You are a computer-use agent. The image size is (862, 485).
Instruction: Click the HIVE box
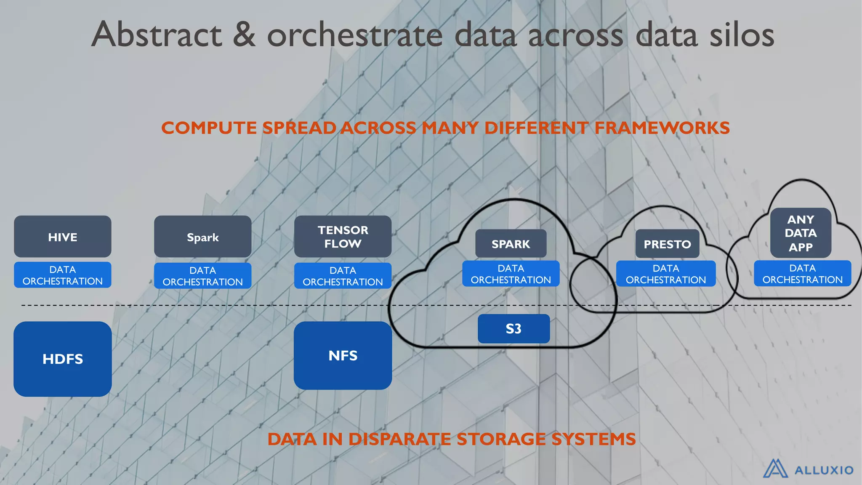click(x=62, y=237)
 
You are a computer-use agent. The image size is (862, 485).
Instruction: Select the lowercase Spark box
click(x=202, y=237)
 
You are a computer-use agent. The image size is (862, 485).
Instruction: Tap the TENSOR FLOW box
click(x=343, y=237)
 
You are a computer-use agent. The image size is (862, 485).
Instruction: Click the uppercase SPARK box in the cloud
click(x=511, y=244)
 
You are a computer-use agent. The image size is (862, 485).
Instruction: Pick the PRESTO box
click(x=667, y=244)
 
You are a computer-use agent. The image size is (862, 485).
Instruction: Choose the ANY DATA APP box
click(x=801, y=233)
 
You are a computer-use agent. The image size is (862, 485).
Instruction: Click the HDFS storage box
click(x=62, y=359)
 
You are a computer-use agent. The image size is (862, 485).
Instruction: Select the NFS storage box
click(x=343, y=355)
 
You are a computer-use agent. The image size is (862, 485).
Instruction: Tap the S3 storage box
click(x=513, y=328)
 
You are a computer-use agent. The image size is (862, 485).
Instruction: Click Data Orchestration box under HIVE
click(x=62, y=275)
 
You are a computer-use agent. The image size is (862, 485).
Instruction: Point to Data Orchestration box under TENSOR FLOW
click(x=343, y=276)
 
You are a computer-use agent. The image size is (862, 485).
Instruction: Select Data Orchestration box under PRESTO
click(x=665, y=274)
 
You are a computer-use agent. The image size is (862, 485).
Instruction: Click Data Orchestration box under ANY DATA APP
click(x=802, y=274)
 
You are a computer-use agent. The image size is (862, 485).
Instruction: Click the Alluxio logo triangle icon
click(x=775, y=469)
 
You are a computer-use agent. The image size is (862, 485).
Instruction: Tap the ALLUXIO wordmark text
click(x=824, y=470)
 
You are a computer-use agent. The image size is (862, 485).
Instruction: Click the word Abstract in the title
click(x=157, y=35)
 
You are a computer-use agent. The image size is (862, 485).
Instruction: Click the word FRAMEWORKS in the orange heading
click(x=662, y=128)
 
